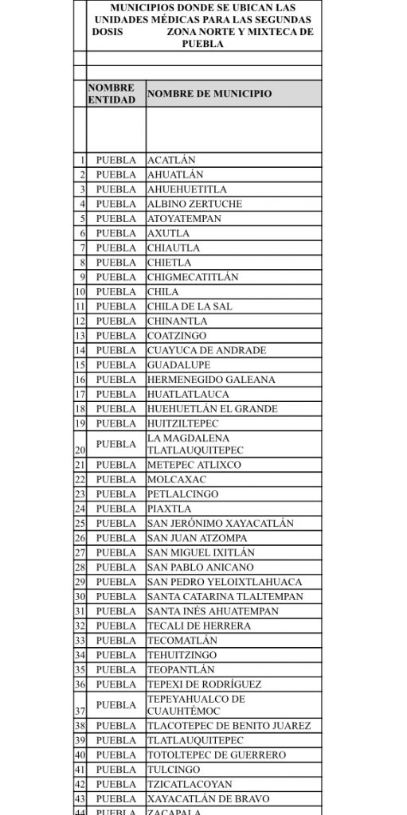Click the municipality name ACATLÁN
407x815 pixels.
pyautogui.click(x=171, y=160)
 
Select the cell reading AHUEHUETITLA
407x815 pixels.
pyautogui.click(x=187, y=189)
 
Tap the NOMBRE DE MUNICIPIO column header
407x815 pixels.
pyautogui.click(x=209, y=94)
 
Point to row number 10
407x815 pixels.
pyautogui.click(x=80, y=292)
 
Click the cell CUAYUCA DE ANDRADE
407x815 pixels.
pyautogui.click(x=206, y=350)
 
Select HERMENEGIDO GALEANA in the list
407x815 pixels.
pyautogui.click(x=211, y=380)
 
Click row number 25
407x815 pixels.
pyautogui.click(x=80, y=524)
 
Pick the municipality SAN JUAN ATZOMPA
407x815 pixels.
pyautogui.click(x=196, y=538)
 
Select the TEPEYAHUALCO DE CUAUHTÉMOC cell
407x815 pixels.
pyautogui.click(x=196, y=704)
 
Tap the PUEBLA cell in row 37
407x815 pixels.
pyautogui.click(x=115, y=705)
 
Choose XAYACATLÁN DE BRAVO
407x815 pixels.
pyautogui.click(x=208, y=798)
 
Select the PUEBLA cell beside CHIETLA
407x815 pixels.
pyautogui.click(x=115, y=263)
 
